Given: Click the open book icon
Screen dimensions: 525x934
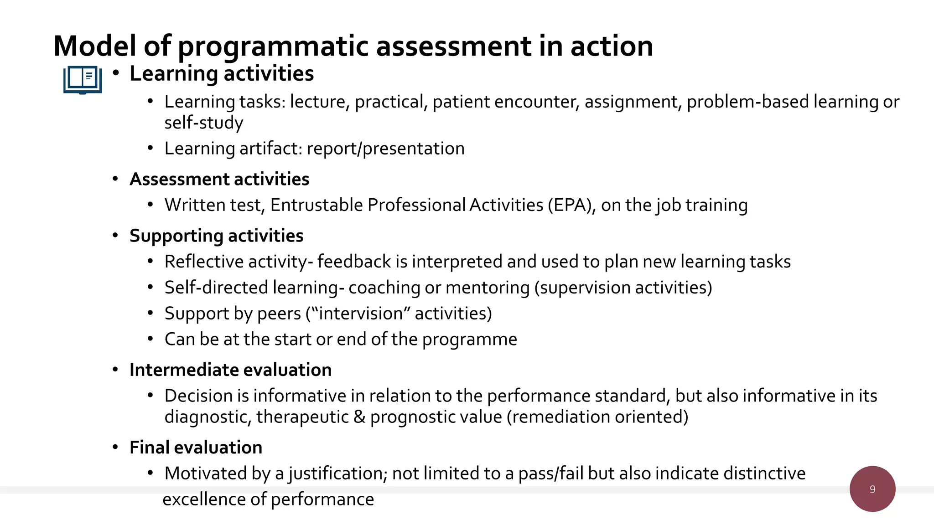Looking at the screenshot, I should [x=83, y=80].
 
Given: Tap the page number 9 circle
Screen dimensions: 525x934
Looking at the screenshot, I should [x=872, y=489].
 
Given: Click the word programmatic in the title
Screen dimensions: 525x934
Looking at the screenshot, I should [x=273, y=46].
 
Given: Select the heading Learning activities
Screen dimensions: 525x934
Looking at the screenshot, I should [x=222, y=74].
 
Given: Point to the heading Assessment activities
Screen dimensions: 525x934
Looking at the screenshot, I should [x=219, y=179].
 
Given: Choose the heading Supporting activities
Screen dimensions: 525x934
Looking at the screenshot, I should [x=216, y=236].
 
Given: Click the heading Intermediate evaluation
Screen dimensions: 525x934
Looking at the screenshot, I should [x=230, y=370].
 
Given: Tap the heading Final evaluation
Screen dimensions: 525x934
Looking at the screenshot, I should [x=196, y=448].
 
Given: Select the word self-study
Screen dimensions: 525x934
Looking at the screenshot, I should [x=204, y=123].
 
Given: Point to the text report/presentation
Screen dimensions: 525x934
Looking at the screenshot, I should [x=386, y=149].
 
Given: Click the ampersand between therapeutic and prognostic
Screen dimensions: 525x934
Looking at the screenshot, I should [x=359, y=417].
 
